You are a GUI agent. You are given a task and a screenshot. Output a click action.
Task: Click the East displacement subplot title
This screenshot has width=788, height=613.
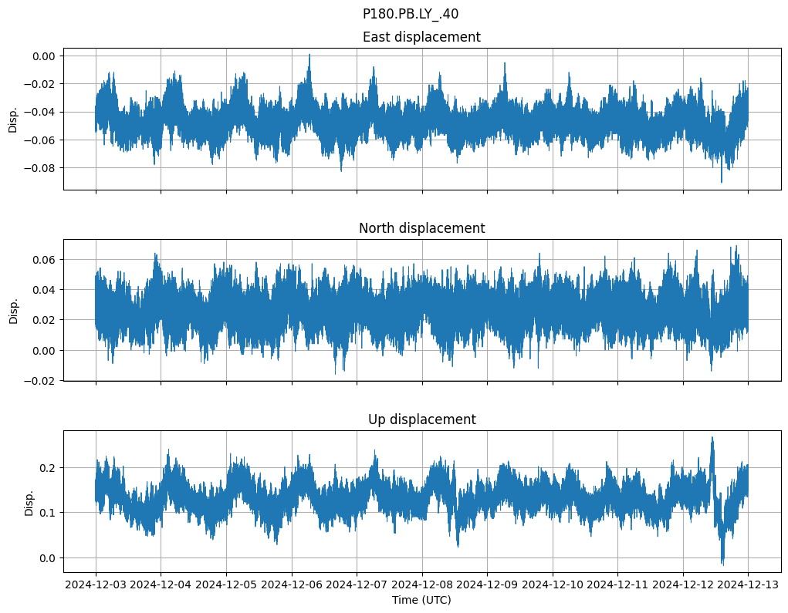point(421,37)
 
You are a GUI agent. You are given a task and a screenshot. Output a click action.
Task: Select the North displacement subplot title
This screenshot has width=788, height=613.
point(421,228)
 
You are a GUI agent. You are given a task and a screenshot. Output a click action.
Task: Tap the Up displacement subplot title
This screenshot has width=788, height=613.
point(421,419)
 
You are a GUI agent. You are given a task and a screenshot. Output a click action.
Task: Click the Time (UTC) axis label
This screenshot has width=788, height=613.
point(421,599)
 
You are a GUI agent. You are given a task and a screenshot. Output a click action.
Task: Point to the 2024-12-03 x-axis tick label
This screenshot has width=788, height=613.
point(96,585)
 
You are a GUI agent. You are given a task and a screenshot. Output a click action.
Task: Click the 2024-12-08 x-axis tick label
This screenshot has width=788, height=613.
point(422,585)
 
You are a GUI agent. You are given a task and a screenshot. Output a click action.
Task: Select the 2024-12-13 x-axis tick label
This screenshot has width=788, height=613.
point(748,585)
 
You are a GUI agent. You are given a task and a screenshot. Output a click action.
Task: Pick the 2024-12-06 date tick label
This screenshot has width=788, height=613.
point(292,585)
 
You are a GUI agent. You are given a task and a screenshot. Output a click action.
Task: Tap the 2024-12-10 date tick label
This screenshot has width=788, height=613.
point(553,585)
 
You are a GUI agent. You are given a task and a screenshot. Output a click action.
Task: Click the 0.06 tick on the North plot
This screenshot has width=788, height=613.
point(45,260)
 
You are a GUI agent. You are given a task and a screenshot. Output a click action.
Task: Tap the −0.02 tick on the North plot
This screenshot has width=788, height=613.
point(42,381)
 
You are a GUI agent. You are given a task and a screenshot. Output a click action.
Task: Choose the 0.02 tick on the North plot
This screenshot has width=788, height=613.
point(45,320)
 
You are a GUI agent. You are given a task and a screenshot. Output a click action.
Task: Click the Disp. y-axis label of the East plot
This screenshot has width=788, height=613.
point(13,120)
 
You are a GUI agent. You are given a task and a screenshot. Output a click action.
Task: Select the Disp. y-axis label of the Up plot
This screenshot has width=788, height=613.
point(29,502)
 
